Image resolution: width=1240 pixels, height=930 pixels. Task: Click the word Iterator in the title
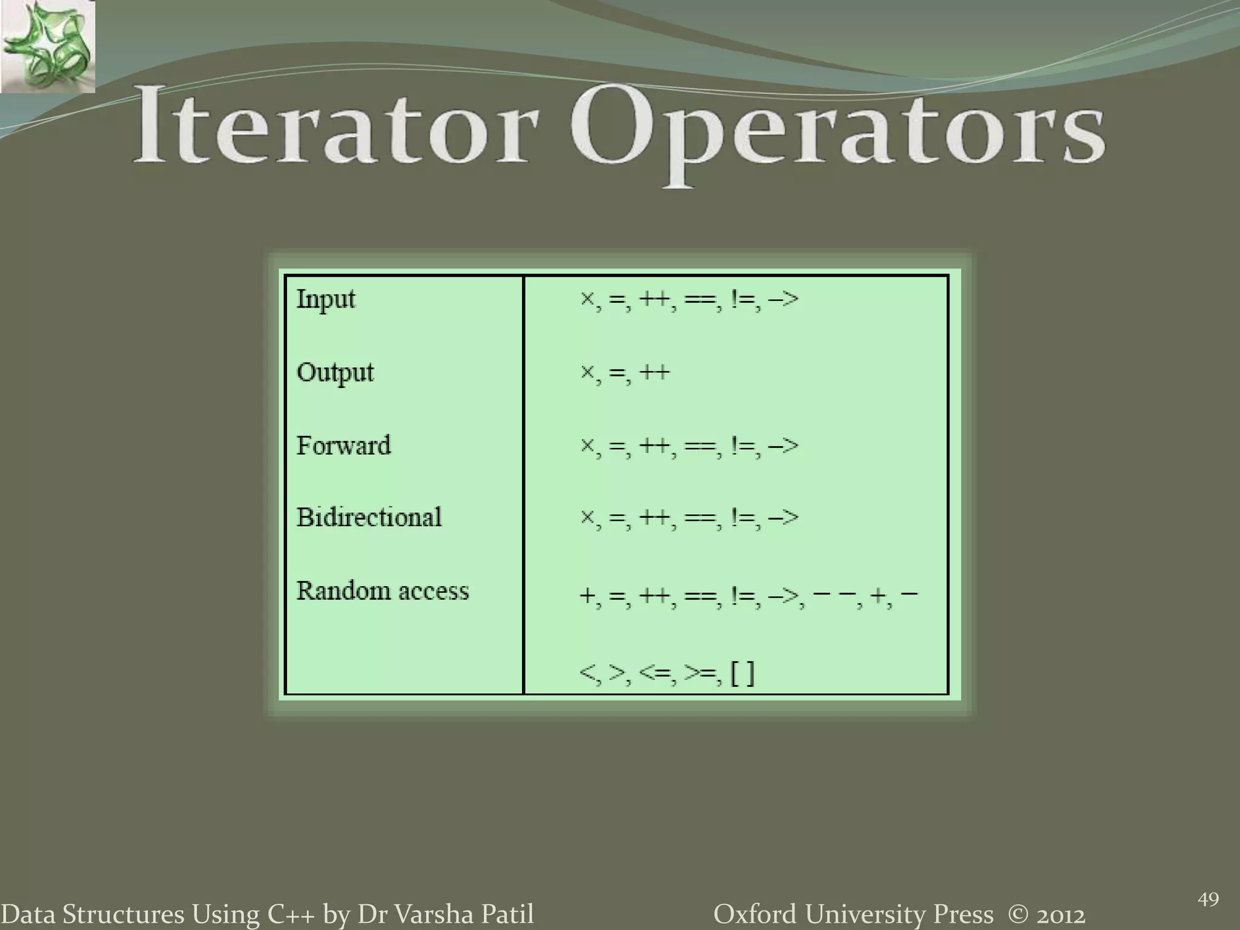[336, 125]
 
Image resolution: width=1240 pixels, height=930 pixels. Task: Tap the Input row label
[326, 299]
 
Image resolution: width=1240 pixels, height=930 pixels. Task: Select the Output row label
[335, 372]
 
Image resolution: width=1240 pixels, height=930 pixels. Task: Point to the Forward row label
[343, 446]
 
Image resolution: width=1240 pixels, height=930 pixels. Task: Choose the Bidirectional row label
[369, 518]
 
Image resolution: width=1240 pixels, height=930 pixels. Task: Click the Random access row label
[382, 591]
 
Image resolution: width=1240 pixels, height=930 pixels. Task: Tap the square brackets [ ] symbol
[743, 673]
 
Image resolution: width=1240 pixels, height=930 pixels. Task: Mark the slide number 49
[1208, 900]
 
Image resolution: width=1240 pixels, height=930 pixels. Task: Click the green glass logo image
[47, 47]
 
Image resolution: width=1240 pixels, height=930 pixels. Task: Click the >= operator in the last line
[702, 673]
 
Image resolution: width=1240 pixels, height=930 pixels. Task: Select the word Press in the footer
[963, 914]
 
